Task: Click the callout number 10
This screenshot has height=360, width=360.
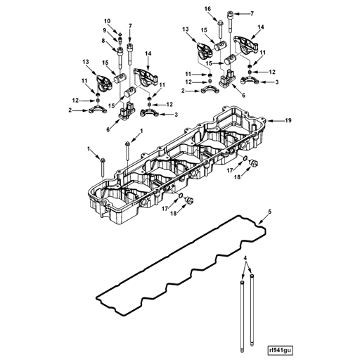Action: (107, 21)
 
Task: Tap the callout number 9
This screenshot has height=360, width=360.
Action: (104, 30)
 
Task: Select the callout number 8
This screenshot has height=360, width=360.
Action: (103, 40)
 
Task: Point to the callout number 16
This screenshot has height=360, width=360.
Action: (207, 9)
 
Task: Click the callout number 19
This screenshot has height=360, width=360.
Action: (288, 120)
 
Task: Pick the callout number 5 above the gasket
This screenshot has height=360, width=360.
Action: (270, 212)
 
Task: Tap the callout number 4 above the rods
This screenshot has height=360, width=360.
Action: (245, 258)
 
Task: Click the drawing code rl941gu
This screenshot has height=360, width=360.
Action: (281, 350)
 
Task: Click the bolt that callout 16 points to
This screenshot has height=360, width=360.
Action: (221, 30)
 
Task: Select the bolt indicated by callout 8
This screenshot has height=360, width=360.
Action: (120, 58)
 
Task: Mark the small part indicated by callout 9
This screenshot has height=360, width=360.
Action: (120, 41)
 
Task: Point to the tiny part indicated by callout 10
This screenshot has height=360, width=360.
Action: (120, 34)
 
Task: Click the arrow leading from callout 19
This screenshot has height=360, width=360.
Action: (276, 121)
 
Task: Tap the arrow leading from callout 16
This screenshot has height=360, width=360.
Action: (214, 16)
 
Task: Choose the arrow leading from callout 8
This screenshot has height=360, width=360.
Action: (111, 46)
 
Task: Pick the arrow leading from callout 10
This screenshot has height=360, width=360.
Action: (115, 28)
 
